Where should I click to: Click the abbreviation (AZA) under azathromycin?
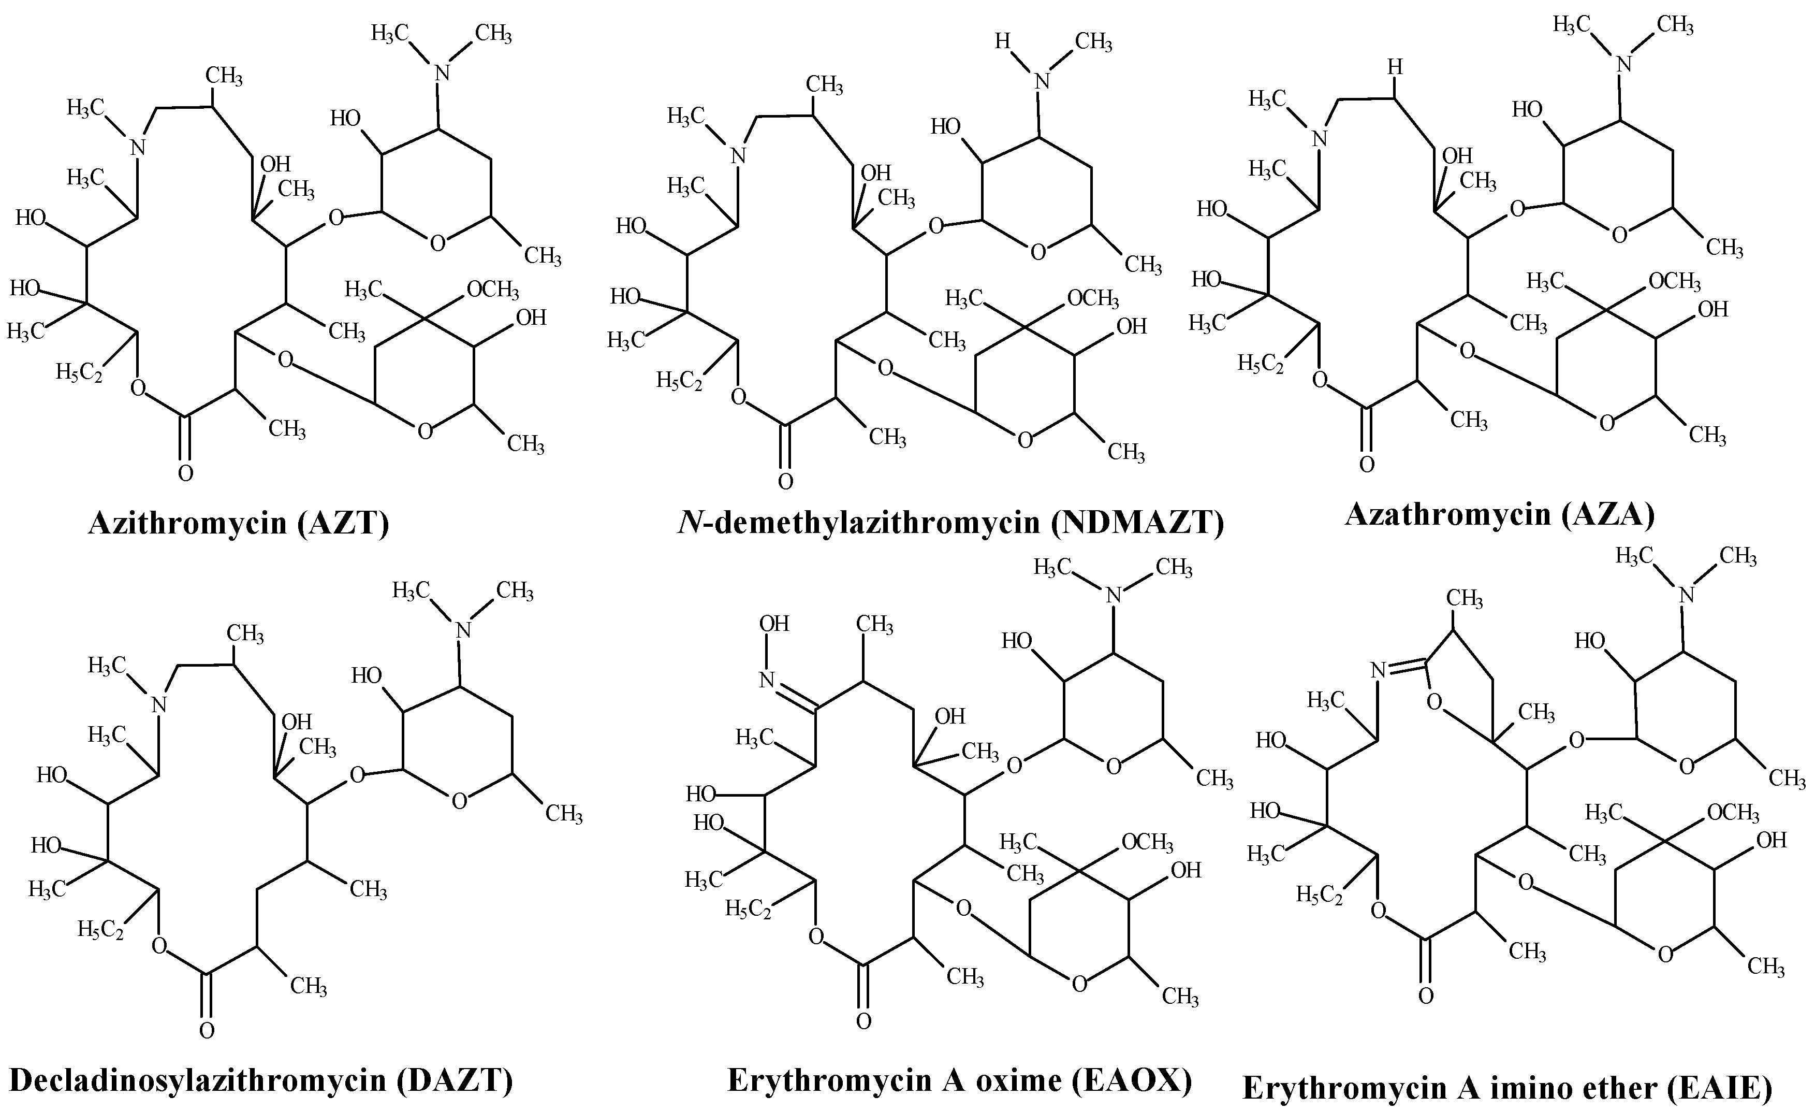click(x=1607, y=514)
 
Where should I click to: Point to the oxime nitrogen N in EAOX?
click(x=767, y=680)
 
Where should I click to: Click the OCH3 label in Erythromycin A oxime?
click(x=1147, y=842)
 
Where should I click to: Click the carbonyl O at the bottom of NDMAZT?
click(x=785, y=482)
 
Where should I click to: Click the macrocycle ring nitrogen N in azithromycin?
click(x=138, y=148)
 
